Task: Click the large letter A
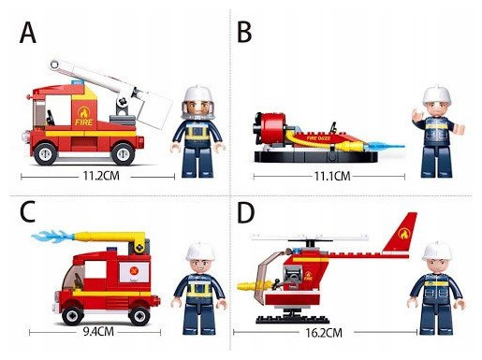pyautogui.click(x=28, y=33)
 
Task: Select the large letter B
pyautogui.click(x=244, y=33)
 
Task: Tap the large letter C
pyautogui.click(x=27, y=211)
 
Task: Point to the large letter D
pyautogui.click(x=246, y=212)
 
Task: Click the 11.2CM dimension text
pyautogui.click(x=101, y=176)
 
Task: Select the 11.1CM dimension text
pyautogui.click(x=332, y=177)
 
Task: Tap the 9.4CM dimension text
pyautogui.click(x=98, y=331)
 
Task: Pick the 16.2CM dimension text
pyautogui.click(x=324, y=333)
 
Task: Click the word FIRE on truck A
pyautogui.click(x=84, y=122)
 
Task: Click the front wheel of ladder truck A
pyautogui.click(x=46, y=153)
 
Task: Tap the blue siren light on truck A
pyautogui.click(x=78, y=82)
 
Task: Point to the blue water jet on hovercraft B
pyautogui.click(x=386, y=145)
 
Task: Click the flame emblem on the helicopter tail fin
pyautogui.click(x=404, y=234)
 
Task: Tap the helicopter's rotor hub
pyautogui.click(x=310, y=243)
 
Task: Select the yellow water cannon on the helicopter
pyautogui.click(x=255, y=285)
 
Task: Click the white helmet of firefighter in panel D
pyautogui.click(x=437, y=252)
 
